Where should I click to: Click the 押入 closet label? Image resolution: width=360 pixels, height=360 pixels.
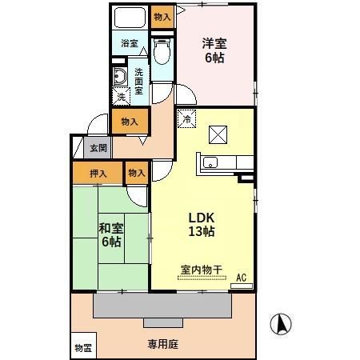coord(98,172)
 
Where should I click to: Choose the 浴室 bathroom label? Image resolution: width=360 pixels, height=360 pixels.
coord(130,43)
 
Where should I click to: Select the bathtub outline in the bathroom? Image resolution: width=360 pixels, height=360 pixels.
coord(130,18)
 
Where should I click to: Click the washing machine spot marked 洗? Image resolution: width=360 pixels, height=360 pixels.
coord(120,97)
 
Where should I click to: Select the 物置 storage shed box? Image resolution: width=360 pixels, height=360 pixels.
coord(83,346)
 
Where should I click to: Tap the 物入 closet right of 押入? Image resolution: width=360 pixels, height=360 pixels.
coord(136,172)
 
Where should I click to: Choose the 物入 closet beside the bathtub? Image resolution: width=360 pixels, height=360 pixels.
coord(162,16)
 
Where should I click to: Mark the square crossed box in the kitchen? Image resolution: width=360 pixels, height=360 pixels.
coord(218,134)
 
